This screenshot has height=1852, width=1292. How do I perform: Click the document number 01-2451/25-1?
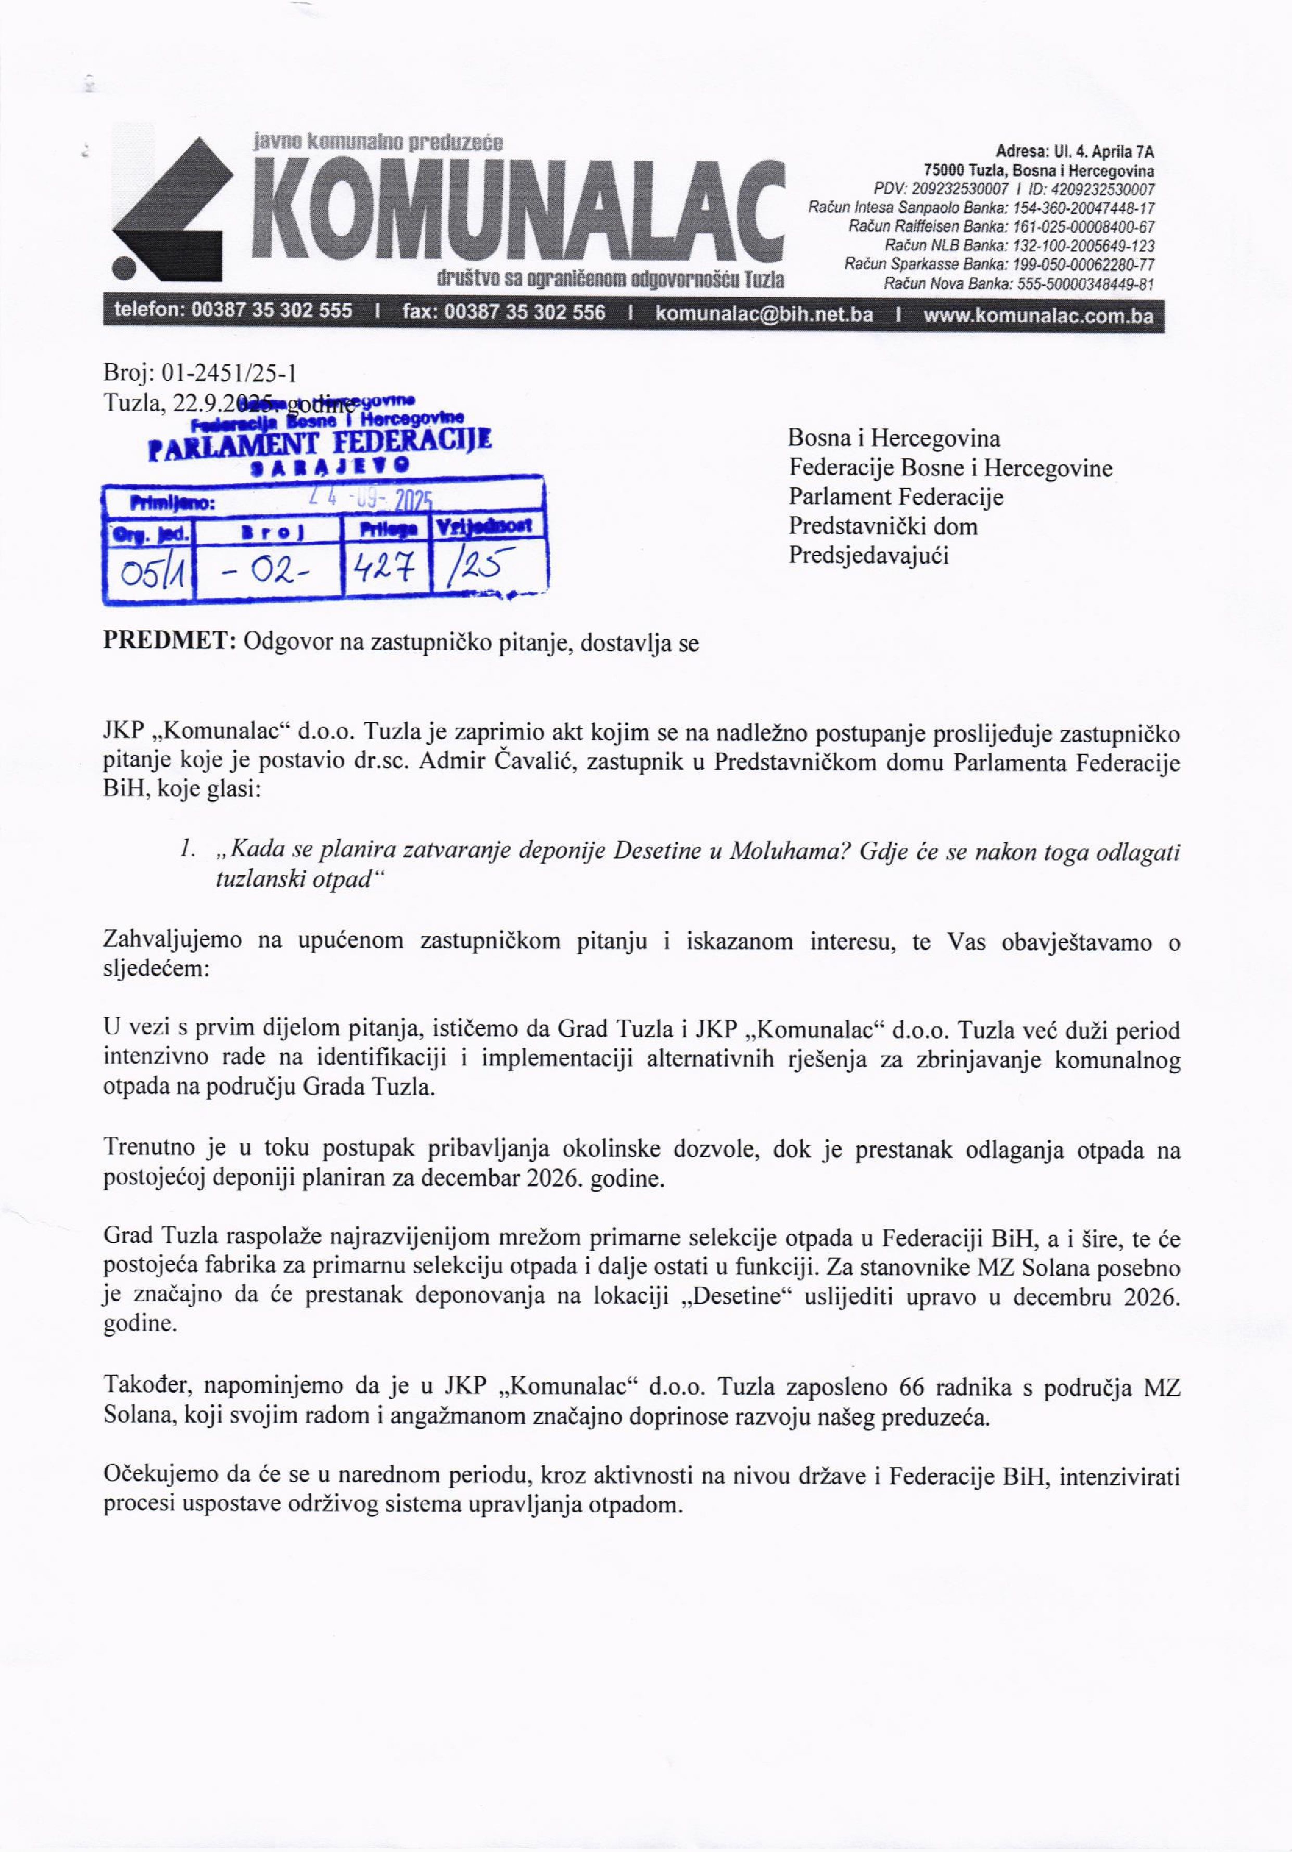click(230, 373)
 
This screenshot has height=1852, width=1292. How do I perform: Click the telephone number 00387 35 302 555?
click(272, 311)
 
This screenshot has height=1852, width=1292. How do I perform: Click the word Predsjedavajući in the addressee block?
click(869, 556)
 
